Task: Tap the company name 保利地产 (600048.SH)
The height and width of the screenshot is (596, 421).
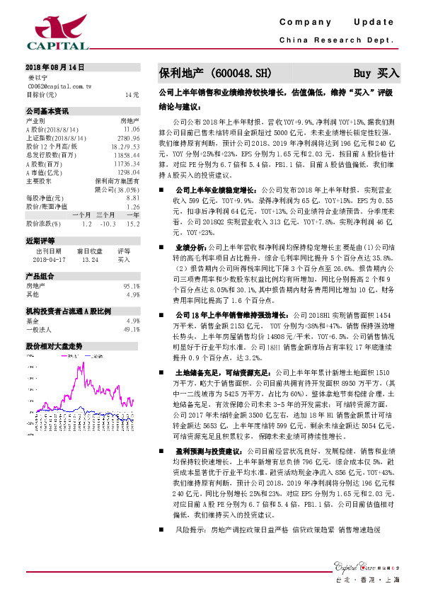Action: pos(214,73)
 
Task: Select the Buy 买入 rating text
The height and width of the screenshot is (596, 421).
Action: pos(376,73)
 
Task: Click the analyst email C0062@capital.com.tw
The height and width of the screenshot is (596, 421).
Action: pos(59,85)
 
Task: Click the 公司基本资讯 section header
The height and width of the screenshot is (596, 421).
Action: pos(47,111)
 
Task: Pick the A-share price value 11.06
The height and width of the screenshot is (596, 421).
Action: pos(132,130)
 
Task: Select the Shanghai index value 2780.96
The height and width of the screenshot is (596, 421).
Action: pos(128,138)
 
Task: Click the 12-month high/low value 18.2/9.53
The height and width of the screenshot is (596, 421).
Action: pos(125,147)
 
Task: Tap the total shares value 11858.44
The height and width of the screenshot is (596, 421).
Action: pos(127,155)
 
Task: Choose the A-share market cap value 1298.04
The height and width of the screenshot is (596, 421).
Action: pos(128,172)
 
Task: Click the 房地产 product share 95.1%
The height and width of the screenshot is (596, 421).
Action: pos(130,285)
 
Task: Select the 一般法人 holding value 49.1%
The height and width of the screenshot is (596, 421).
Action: pos(131,329)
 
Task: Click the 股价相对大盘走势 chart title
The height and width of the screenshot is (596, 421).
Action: pos(54,346)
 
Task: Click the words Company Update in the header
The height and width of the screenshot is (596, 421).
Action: pos(335,23)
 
